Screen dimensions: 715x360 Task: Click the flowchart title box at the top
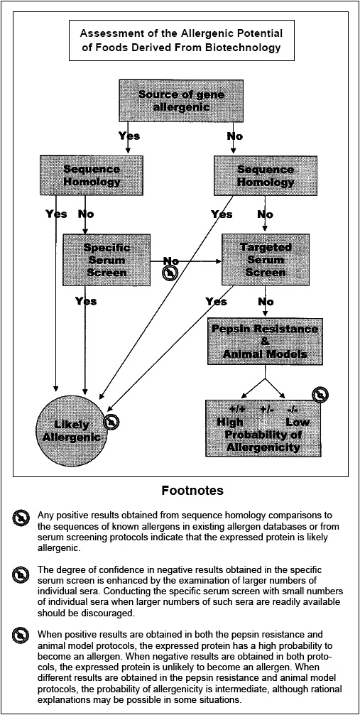180,40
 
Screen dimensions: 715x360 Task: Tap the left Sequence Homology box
91,175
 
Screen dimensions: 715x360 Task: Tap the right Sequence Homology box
265,175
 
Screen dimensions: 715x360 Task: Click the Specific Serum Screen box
106,260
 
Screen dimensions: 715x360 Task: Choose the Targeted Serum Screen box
265,260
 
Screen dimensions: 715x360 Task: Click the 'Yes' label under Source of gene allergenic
129,136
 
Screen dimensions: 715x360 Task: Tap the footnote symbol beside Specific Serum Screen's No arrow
169,273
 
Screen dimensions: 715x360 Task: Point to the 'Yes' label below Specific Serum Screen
86,301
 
